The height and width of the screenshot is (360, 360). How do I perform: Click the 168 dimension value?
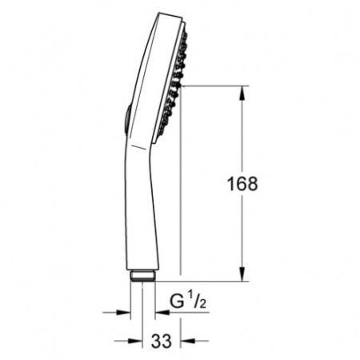[242, 184]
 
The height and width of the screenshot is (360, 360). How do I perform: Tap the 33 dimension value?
[162, 341]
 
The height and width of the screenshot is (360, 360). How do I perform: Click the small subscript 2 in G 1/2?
[202, 304]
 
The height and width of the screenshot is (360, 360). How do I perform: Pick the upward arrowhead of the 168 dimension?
[242, 93]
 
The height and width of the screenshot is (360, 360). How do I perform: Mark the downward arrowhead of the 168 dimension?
[242, 274]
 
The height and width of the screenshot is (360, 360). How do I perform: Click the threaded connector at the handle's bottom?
[142, 276]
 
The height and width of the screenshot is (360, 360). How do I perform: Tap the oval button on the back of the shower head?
[127, 118]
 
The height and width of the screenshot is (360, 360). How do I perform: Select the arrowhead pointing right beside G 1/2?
[123, 312]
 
